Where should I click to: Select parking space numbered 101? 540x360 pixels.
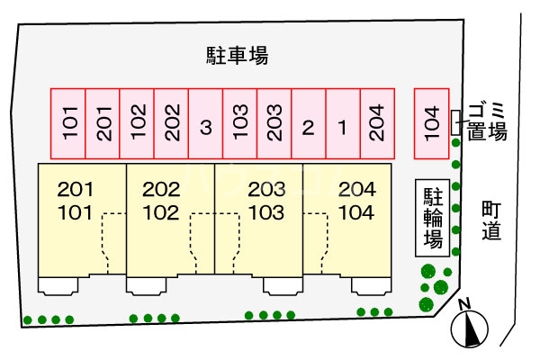coord(67,123)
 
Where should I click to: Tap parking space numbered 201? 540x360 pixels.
coord(103,123)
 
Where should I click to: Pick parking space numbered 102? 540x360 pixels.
coord(137,123)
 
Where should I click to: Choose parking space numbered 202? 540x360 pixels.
coord(172,123)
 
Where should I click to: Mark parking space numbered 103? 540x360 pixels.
coord(240,123)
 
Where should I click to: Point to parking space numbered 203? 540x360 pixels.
coord(274,123)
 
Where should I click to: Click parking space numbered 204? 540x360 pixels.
coord(377,123)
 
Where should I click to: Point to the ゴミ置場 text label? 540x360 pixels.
coord(487,120)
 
